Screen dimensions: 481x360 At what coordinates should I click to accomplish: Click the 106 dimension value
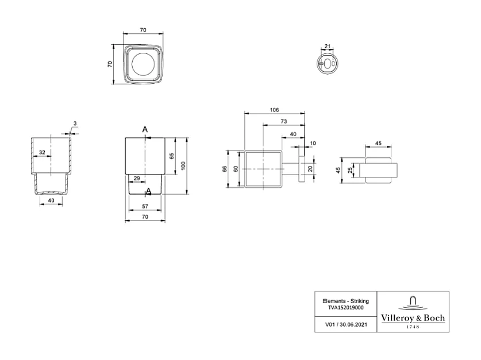click(x=274, y=110)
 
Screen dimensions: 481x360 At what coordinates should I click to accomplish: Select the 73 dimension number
click(x=284, y=121)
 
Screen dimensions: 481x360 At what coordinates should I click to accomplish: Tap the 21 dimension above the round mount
click(x=328, y=47)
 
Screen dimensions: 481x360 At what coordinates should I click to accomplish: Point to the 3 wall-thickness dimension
click(x=75, y=123)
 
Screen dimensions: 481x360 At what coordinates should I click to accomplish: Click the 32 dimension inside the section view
click(x=42, y=152)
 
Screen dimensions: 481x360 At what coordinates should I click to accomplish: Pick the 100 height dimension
click(x=183, y=166)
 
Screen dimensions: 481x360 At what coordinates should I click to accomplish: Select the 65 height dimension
click(x=172, y=156)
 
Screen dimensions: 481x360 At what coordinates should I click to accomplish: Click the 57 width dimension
click(x=145, y=207)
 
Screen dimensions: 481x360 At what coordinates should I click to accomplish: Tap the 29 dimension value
click(x=137, y=179)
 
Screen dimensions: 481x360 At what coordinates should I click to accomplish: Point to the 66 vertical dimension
click(x=225, y=169)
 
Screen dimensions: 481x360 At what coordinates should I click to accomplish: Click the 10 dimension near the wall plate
click(x=313, y=143)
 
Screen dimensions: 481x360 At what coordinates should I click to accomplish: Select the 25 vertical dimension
click(x=350, y=171)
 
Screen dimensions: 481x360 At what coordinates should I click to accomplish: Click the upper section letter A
click(x=145, y=130)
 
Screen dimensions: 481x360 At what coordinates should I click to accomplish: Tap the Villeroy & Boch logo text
click(x=413, y=318)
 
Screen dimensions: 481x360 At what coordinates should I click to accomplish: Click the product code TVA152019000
click(x=346, y=308)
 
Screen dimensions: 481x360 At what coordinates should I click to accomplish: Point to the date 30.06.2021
click(x=353, y=324)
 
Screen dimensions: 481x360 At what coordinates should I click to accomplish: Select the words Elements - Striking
click(x=346, y=301)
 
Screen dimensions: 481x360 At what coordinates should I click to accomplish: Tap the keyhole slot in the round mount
click(x=328, y=63)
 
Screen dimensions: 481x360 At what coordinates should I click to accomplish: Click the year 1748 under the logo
click(x=413, y=327)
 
